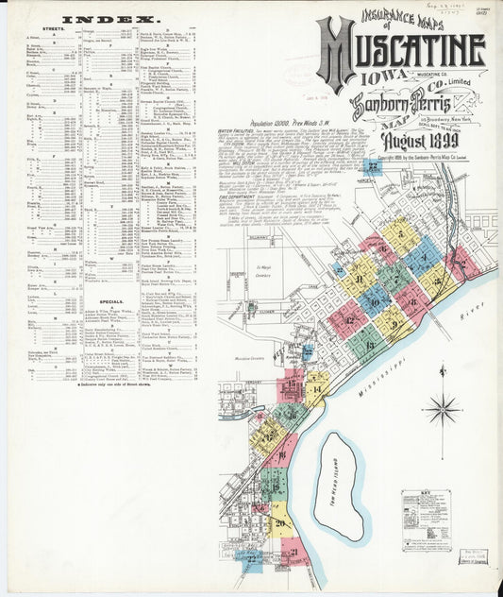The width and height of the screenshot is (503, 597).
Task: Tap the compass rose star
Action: (x=441, y=409)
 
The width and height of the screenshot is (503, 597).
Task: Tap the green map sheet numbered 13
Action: (x=367, y=344)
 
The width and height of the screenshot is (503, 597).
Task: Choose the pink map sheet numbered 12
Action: (x=349, y=319)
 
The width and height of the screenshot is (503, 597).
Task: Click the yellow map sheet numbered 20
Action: (x=279, y=521)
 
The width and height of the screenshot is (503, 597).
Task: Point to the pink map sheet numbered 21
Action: (x=294, y=553)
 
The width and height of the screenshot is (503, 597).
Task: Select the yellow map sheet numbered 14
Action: (x=315, y=387)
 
